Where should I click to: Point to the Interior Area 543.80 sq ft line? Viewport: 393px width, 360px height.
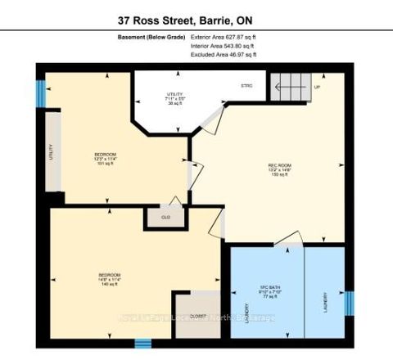coord(224,47)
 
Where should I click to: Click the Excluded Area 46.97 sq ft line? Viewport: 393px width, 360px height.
coord(224,56)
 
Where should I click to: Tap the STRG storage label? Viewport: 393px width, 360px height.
coord(246,86)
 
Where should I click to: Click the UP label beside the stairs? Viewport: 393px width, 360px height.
coord(317,85)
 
